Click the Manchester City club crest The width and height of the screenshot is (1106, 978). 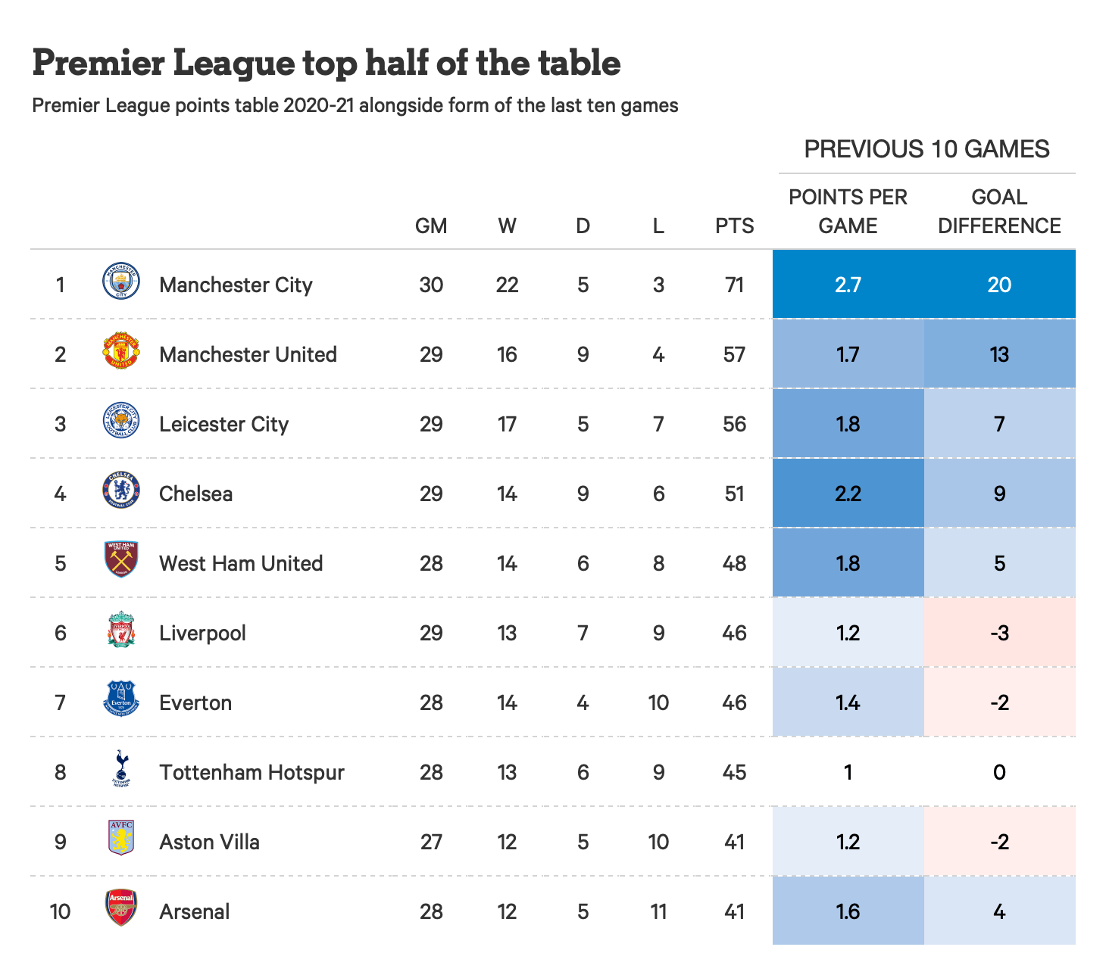pyautogui.click(x=121, y=282)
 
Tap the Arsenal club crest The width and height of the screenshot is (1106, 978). pyautogui.click(x=121, y=908)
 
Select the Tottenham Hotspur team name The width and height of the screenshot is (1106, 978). pyautogui.click(x=252, y=772)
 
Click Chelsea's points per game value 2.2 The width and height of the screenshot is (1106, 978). pyautogui.click(x=848, y=494)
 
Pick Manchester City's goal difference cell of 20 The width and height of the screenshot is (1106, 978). pyautogui.click(x=999, y=285)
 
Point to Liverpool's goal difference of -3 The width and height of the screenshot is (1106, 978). pyautogui.click(x=999, y=633)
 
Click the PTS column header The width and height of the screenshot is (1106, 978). pyautogui.click(x=734, y=226)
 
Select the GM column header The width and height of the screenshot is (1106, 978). pyautogui.click(x=431, y=226)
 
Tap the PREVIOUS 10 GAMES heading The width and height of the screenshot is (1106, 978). pyautogui.click(x=926, y=149)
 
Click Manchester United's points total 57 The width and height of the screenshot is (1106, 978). pyautogui.click(x=734, y=354)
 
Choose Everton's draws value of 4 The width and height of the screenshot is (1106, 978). pyautogui.click(x=583, y=702)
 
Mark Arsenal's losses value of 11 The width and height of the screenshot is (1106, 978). pyautogui.click(x=658, y=911)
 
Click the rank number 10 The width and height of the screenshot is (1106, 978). pyautogui.click(x=61, y=911)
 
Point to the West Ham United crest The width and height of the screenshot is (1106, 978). pyautogui.click(x=121, y=560)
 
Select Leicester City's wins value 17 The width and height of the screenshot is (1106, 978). pyautogui.click(x=507, y=424)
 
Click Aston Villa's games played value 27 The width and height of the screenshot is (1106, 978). pyautogui.click(x=431, y=842)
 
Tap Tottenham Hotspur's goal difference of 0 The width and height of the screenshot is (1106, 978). pyautogui.click(x=999, y=772)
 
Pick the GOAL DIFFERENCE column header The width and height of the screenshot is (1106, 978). pyautogui.click(x=999, y=211)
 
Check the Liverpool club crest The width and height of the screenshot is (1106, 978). pyautogui.click(x=121, y=630)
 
